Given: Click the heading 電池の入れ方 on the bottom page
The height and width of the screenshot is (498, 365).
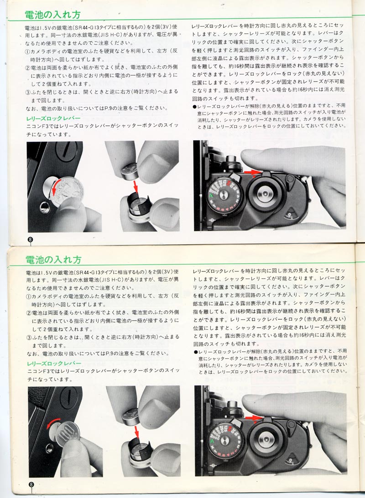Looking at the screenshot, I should point(53,260).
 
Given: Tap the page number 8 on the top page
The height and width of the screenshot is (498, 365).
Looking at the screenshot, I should point(30,240).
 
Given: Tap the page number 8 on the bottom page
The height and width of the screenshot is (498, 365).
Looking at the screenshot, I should point(31,484).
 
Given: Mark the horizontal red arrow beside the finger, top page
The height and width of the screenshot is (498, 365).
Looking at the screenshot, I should point(251,172).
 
